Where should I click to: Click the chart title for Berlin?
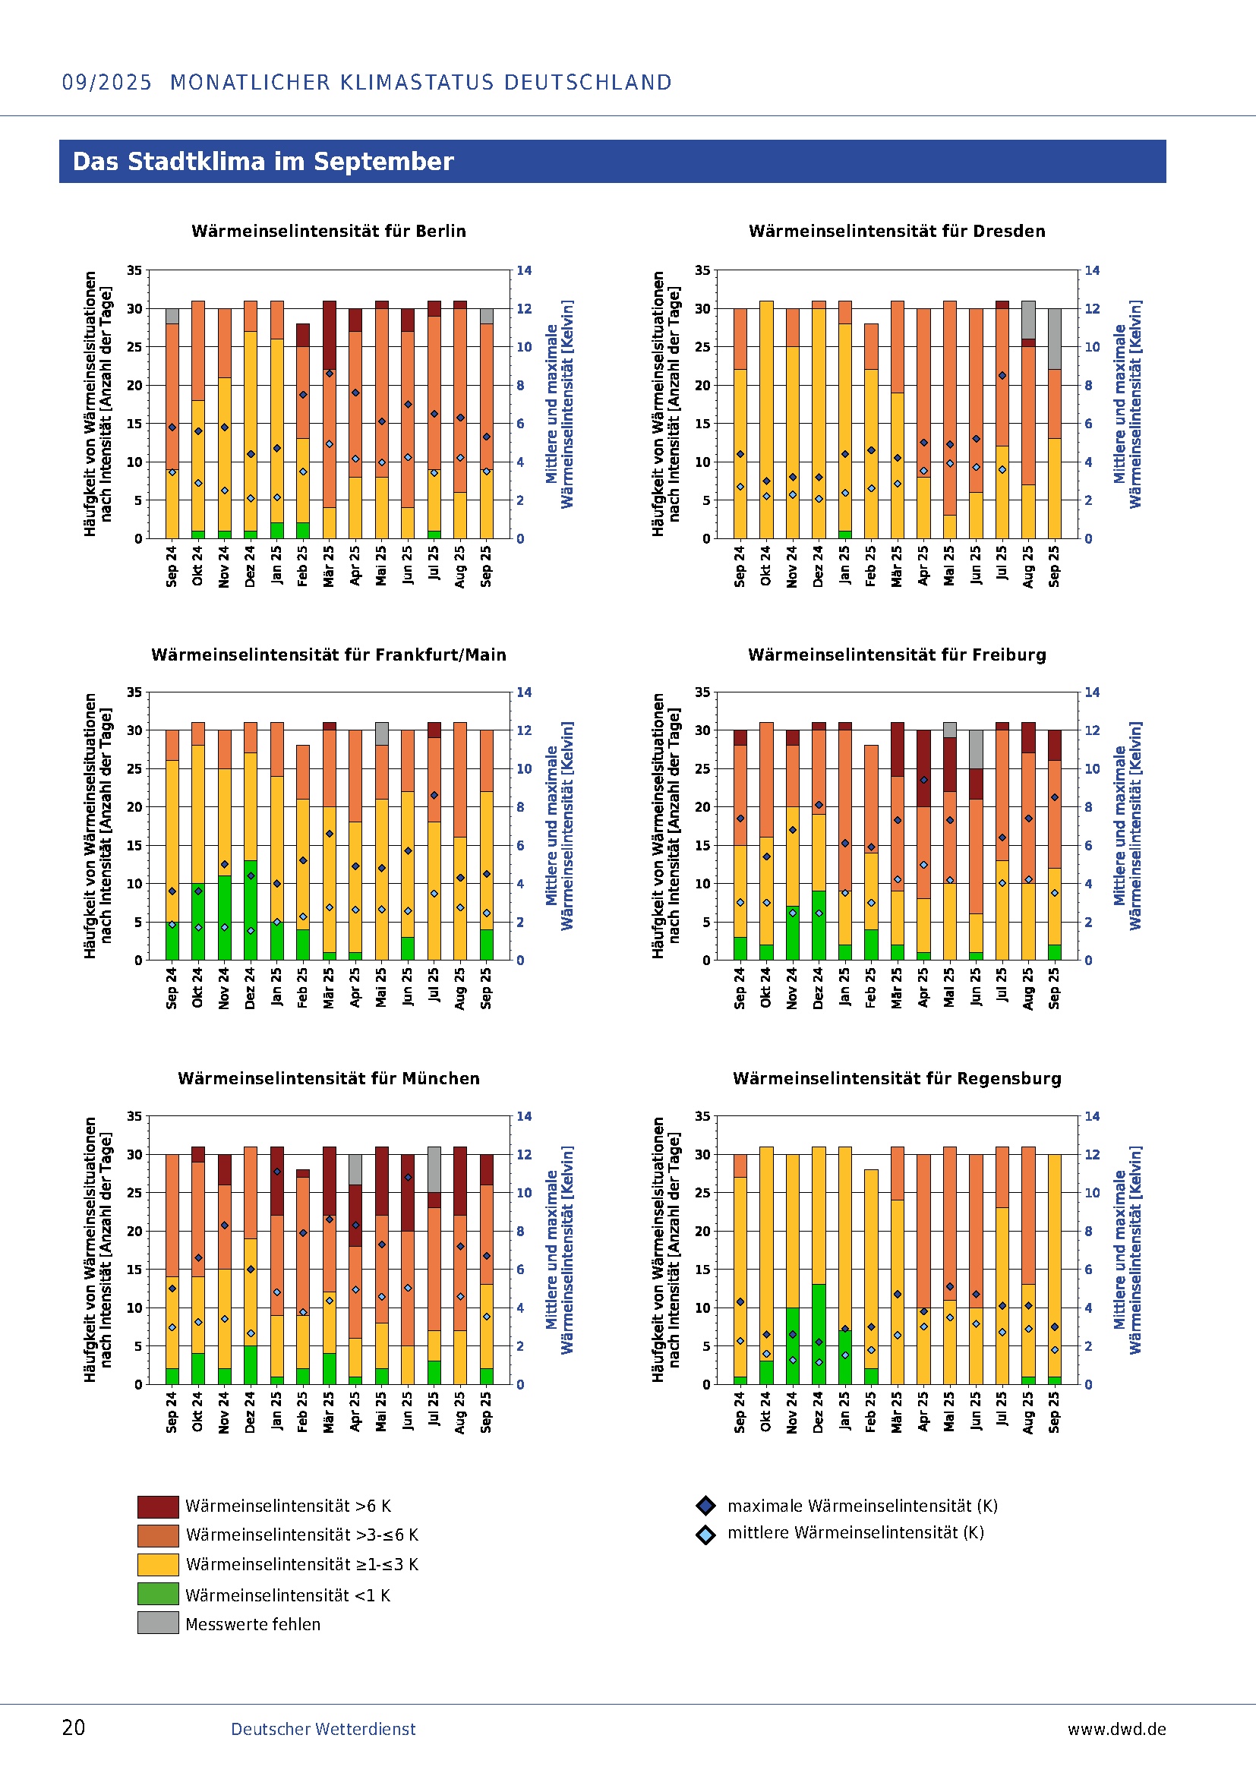click(x=329, y=232)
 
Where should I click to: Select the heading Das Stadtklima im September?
click(x=263, y=162)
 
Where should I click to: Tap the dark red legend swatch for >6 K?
click(x=158, y=1506)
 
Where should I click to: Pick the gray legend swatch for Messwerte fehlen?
click(x=158, y=1623)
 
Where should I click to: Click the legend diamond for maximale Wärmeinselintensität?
click(x=705, y=1505)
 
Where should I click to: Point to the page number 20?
click(x=74, y=1728)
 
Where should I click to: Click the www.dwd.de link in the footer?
click(x=1116, y=1729)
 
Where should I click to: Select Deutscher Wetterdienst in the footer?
click(x=323, y=1729)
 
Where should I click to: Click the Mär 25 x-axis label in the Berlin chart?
click(x=329, y=566)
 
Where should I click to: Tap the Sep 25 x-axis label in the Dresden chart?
click(x=1054, y=566)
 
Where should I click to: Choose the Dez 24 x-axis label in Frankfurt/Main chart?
click(x=250, y=988)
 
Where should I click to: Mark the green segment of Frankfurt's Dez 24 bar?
click(x=250, y=910)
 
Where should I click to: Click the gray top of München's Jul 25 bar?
click(x=434, y=1169)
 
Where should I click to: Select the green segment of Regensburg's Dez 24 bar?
click(x=819, y=1334)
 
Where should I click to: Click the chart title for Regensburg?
click(x=896, y=1078)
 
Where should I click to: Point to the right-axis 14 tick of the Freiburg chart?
click(x=1091, y=692)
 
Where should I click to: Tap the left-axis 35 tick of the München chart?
click(x=134, y=1116)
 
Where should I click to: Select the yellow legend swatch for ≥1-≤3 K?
click(x=158, y=1564)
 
